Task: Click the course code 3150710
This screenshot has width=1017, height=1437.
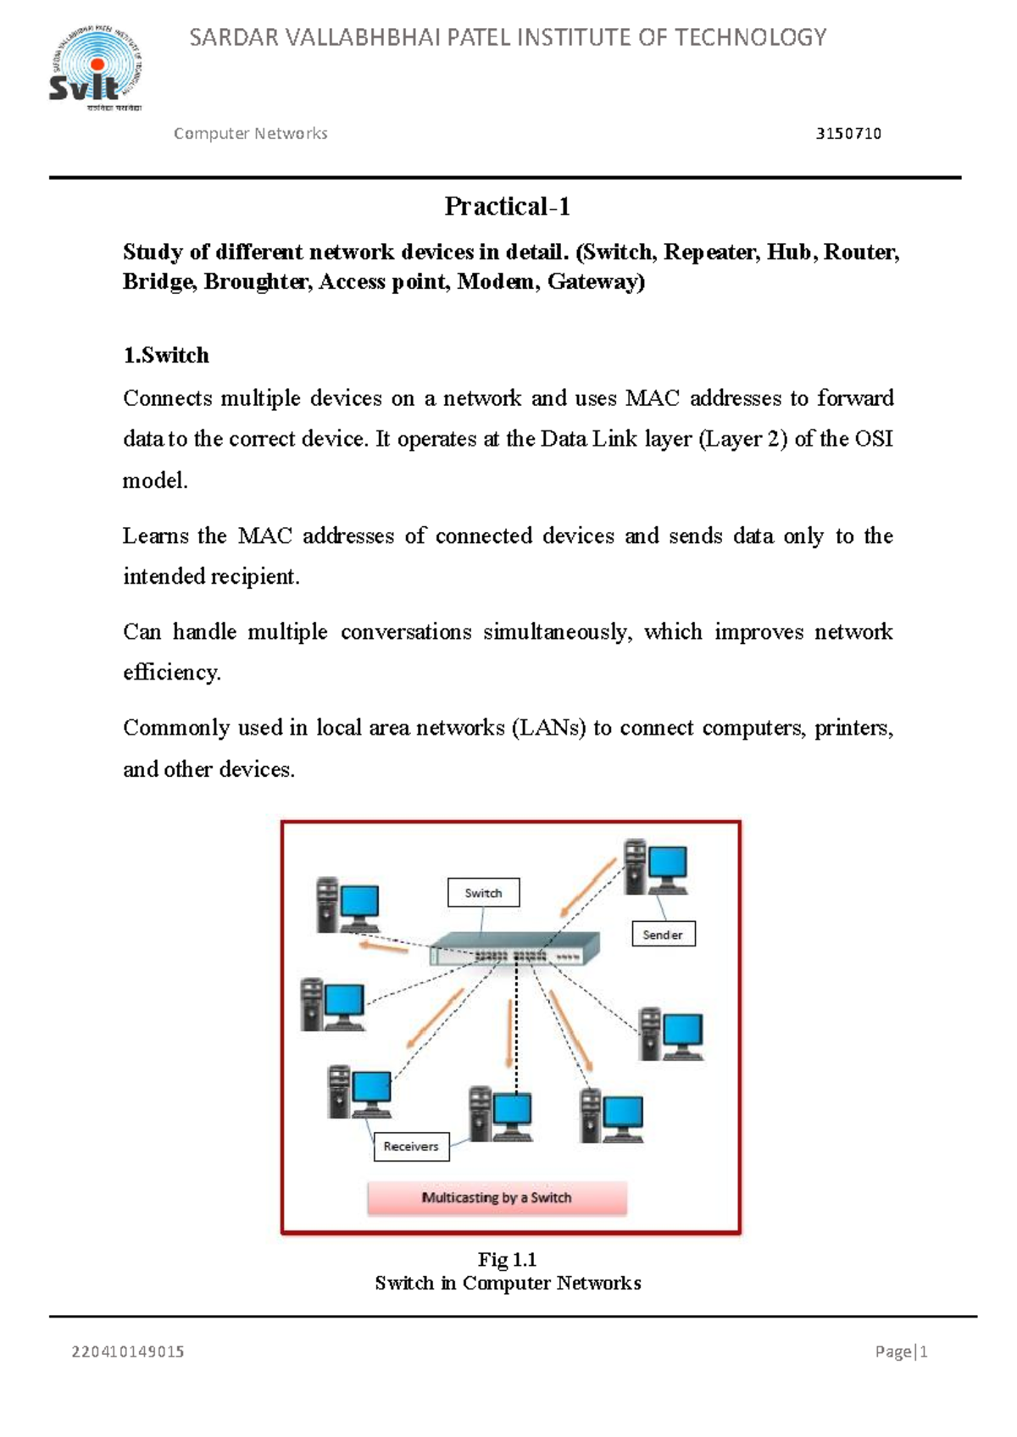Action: point(848,134)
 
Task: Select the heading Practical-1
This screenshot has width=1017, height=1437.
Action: point(507,206)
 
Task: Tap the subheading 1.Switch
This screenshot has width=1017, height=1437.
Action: point(166,355)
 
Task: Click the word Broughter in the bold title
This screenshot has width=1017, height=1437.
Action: point(258,281)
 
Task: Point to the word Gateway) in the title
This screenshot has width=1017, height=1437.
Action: point(596,281)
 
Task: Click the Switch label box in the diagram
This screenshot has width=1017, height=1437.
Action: point(483,893)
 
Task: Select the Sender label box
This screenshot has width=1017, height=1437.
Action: point(663,935)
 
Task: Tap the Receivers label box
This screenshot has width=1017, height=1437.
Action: point(411,1146)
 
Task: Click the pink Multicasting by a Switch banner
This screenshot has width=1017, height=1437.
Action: point(497,1198)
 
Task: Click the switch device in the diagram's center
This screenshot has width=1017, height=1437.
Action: point(514,948)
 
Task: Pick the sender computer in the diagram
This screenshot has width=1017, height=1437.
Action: point(654,868)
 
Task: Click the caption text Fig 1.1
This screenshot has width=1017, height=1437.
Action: point(507,1259)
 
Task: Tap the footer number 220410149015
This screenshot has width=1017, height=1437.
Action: point(128,1351)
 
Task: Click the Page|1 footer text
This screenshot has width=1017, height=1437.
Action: point(901,1351)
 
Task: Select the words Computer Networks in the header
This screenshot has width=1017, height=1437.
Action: point(250,134)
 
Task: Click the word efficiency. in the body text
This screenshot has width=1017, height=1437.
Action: point(172,673)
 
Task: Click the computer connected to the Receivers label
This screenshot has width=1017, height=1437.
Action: point(359,1092)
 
